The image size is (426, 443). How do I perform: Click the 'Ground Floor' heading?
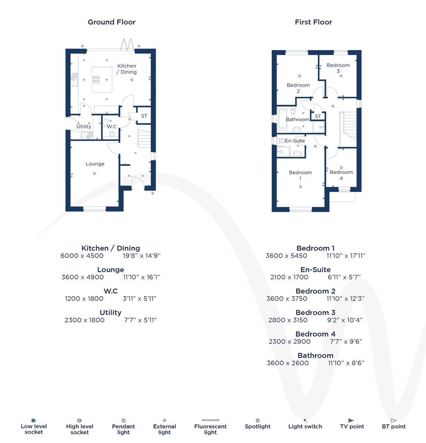pos(112,22)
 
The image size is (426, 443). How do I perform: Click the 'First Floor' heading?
pos(313,22)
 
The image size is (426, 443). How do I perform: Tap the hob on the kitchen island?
pos(96,80)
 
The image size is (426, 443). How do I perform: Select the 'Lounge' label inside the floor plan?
pos(95,164)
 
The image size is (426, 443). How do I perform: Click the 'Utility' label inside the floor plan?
pos(84,127)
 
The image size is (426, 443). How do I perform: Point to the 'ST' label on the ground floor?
pos(144,116)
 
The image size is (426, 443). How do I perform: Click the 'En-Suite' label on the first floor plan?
pos(295,141)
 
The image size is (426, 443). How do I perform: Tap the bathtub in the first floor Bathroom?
pos(283,119)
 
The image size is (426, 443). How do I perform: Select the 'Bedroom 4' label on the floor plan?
pos(341,175)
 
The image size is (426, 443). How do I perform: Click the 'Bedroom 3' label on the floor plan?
pos(338,68)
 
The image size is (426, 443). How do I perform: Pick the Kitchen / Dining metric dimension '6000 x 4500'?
pos(82,256)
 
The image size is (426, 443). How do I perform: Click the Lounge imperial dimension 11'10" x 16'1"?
pos(142,277)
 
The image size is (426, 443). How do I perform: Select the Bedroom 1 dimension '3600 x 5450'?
pos(286,256)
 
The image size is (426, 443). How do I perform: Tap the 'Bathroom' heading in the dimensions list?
pos(315,355)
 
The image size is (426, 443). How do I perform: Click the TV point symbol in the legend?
pos(351,420)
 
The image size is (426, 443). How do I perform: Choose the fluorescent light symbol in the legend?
pos(210,420)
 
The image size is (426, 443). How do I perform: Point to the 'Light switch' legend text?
pos(305,427)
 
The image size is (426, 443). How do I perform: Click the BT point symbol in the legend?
pos(394,420)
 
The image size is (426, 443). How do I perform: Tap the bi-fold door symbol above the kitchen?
pos(128,44)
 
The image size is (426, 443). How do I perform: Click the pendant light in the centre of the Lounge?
pos(94,174)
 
